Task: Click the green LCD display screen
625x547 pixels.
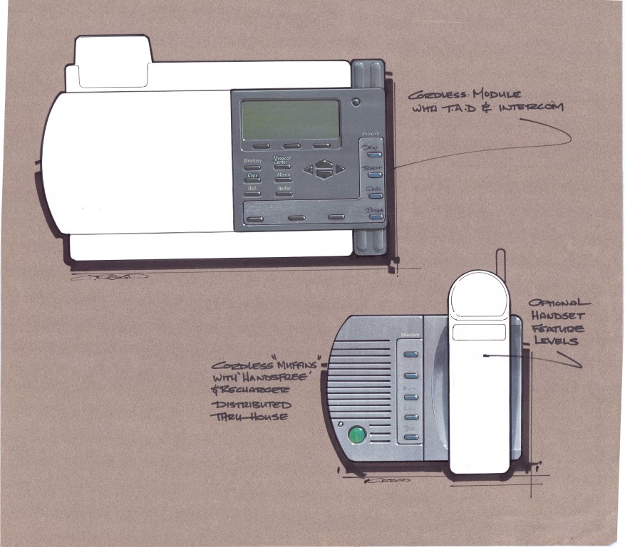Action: [x=290, y=120]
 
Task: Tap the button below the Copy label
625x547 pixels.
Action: [x=252, y=180]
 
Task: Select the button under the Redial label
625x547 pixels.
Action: [x=283, y=193]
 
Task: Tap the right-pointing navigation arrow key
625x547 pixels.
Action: [x=340, y=170]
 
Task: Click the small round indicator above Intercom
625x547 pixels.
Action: [x=356, y=102]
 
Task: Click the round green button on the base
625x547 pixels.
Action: [x=356, y=434]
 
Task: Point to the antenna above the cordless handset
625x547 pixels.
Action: [x=500, y=259]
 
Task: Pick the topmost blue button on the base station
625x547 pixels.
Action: [x=410, y=353]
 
